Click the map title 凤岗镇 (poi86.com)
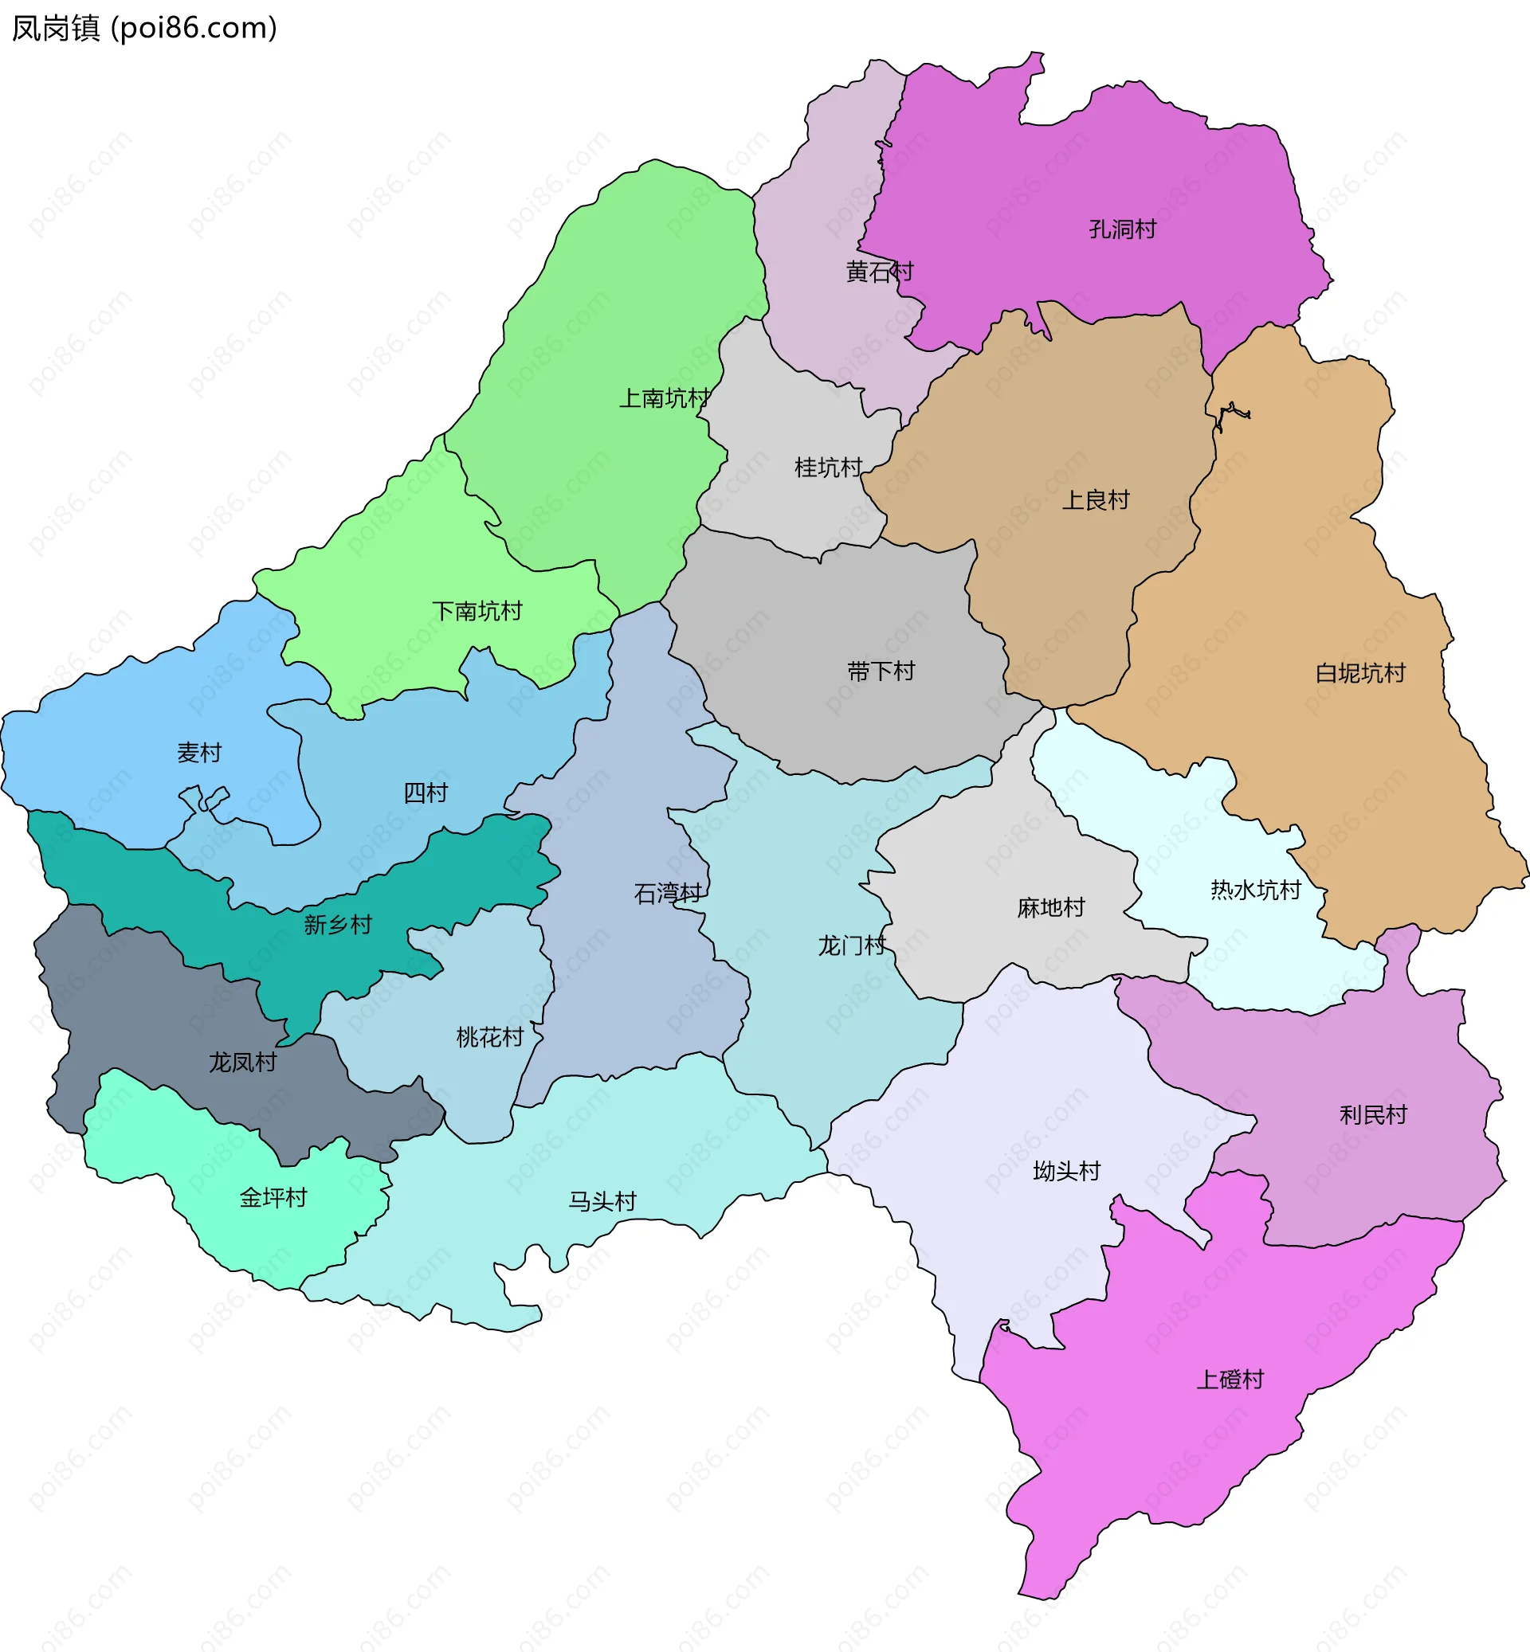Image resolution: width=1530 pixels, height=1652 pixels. click(x=144, y=28)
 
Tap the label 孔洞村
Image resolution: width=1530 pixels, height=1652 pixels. click(x=1122, y=229)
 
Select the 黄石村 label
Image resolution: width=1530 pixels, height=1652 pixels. click(x=879, y=272)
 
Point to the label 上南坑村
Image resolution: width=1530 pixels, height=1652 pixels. click(x=664, y=399)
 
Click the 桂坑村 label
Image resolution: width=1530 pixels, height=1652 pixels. click(x=828, y=468)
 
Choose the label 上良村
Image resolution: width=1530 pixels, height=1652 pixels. click(x=1096, y=500)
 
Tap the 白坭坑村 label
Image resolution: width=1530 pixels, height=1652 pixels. click(x=1360, y=673)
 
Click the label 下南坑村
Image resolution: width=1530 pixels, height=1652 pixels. click(x=477, y=611)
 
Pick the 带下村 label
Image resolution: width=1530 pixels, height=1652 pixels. click(x=881, y=671)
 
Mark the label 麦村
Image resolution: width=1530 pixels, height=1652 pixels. click(x=199, y=753)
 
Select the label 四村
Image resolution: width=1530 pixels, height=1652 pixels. click(x=426, y=793)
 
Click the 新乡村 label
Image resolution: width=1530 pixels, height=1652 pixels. click(x=338, y=925)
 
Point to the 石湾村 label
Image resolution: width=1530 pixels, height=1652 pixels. click(x=667, y=893)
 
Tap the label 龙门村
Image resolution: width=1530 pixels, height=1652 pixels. click(x=851, y=945)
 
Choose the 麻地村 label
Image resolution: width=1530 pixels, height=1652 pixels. click(x=1050, y=908)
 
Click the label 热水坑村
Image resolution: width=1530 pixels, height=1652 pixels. click(x=1255, y=890)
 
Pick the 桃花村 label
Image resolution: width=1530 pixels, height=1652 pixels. click(x=490, y=1037)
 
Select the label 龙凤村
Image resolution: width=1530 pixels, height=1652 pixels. click(x=242, y=1062)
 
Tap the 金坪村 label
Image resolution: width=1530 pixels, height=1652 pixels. click(x=273, y=1198)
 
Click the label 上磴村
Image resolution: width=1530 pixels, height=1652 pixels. click(x=1230, y=1379)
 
